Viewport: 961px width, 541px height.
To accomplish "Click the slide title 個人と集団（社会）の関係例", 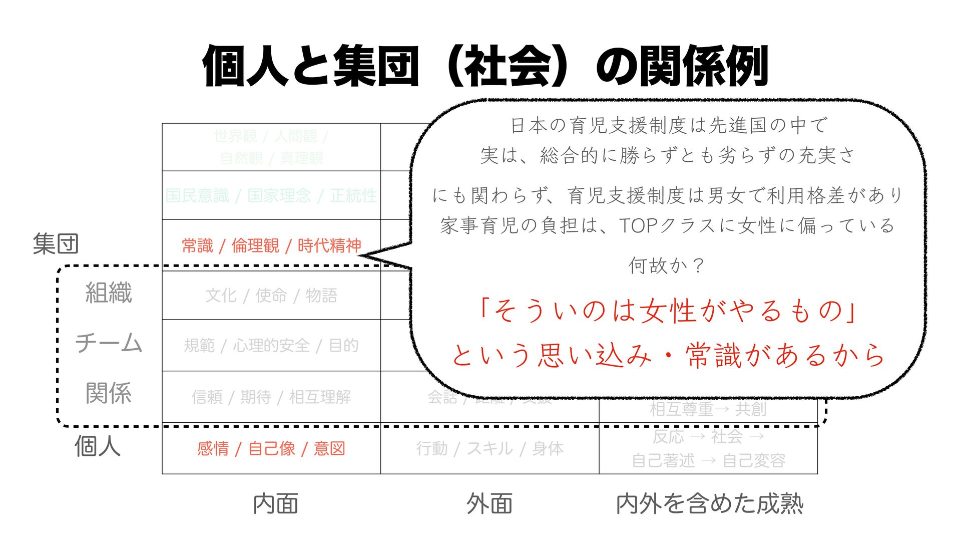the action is pyautogui.click(x=485, y=67).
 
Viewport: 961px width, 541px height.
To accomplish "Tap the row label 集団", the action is pyautogui.click(x=56, y=244).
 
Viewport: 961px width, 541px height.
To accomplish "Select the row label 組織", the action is pyautogui.click(x=109, y=293).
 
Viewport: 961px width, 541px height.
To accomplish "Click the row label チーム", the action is pyautogui.click(x=109, y=344).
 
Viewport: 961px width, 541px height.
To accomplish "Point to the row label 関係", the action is pyautogui.click(x=109, y=393).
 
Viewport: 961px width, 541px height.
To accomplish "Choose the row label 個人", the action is pyautogui.click(x=98, y=446).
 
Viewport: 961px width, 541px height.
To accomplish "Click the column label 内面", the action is pyautogui.click(x=276, y=504).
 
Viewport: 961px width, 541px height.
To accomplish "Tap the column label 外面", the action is pyautogui.click(x=490, y=504).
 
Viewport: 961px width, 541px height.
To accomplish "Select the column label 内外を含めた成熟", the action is pyautogui.click(x=709, y=504).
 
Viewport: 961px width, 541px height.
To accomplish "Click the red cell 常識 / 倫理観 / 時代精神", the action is pyautogui.click(x=271, y=246).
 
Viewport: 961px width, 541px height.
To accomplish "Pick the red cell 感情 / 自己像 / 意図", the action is pyautogui.click(x=271, y=448).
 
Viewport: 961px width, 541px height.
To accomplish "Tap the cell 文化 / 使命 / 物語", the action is pyautogui.click(x=271, y=296).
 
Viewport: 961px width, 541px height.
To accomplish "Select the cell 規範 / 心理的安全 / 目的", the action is pyautogui.click(x=271, y=346).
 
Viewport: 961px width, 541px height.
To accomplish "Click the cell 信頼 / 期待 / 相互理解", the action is pyautogui.click(x=271, y=397).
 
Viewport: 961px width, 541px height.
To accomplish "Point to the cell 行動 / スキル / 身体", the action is pyautogui.click(x=490, y=448).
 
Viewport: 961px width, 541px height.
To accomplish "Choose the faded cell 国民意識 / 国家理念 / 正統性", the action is pyautogui.click(x=271, y=195).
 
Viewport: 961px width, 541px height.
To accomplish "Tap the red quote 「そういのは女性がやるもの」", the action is pyautogui.click(x=667, y=311).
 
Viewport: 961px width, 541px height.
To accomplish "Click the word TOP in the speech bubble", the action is pyautogui.click(x=638, y=226).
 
